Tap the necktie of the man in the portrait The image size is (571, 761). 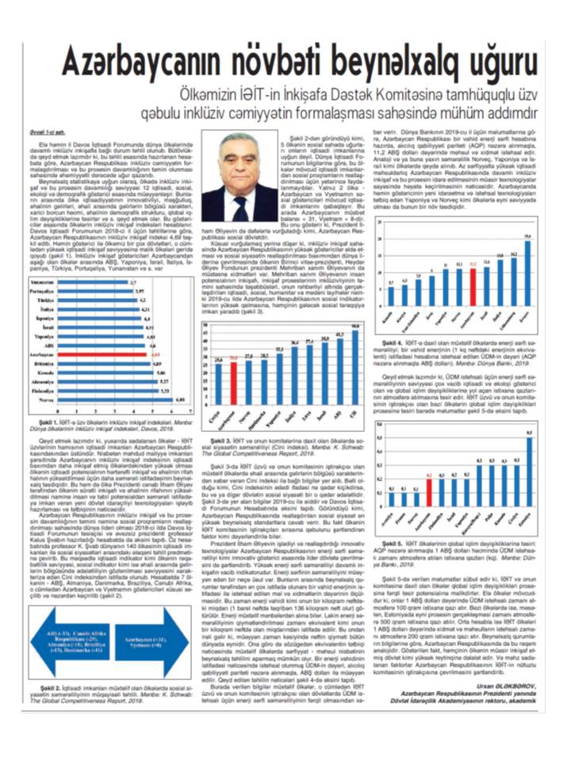click(x=240, y=207)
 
